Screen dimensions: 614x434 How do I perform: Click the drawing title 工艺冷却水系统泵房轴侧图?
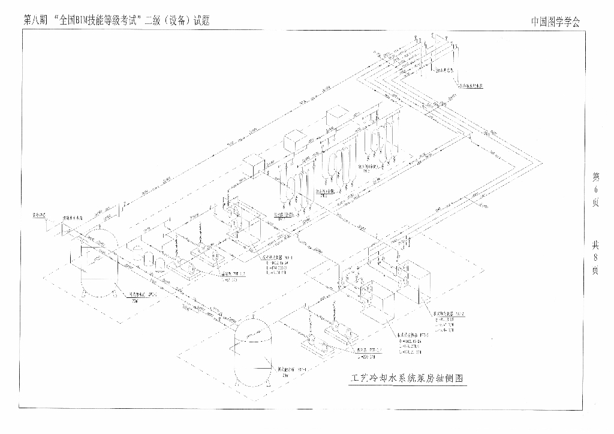coord(407,379)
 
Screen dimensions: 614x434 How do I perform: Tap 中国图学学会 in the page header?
coord(556,21)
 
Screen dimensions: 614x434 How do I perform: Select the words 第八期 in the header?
coord(35,19)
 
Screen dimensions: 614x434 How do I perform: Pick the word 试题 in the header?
coord(201,19)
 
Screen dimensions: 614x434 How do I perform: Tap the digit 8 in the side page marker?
coord(595,257)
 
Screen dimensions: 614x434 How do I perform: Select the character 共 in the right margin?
coord(595,245)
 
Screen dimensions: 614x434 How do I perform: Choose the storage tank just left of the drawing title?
coord(254,351)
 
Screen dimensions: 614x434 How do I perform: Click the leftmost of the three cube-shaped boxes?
coord(254,163)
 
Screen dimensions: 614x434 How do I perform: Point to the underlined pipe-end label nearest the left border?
coord(39,214)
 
